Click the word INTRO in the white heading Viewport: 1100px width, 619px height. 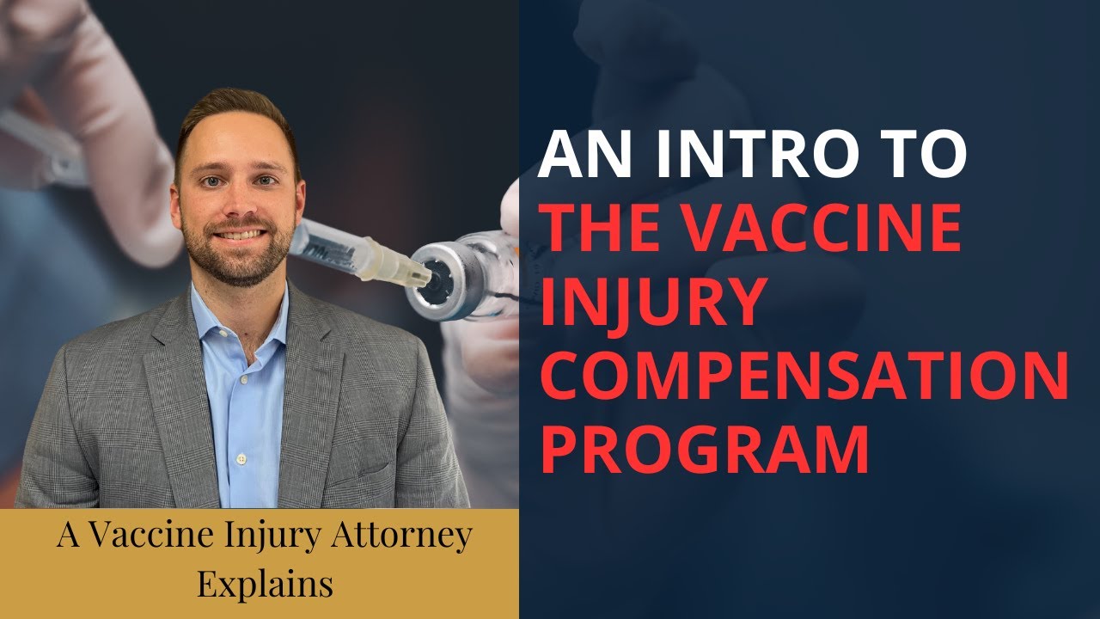pyautogui.click(x=727, y=156)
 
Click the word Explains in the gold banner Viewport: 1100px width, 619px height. pyautogui.click(x=265, y=584)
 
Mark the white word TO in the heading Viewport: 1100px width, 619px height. pyautogui.click(x=927, y=156)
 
